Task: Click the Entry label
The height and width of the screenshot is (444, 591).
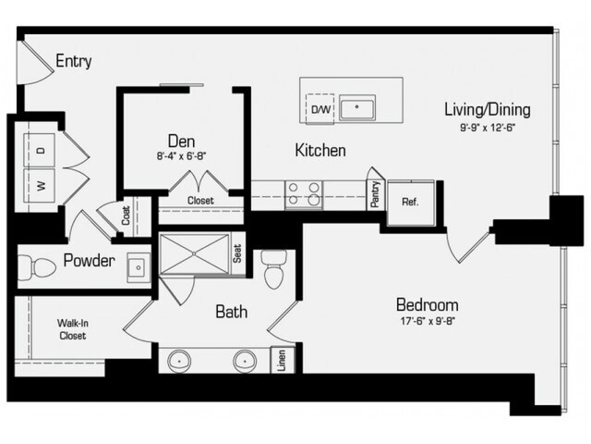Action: click(x=74, y=61)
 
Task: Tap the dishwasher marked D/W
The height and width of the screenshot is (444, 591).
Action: click(x=320, y=109)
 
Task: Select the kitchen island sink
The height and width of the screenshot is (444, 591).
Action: click(x=356, y=108)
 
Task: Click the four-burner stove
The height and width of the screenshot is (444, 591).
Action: click(x=304, y=194)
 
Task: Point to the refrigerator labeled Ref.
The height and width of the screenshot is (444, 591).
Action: click(x=411, y=203)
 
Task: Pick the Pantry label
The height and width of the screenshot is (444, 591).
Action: click(x=375, y=194)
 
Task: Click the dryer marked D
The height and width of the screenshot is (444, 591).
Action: click(x=40, y=150)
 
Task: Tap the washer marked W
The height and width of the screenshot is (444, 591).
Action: click(x=40, y=185)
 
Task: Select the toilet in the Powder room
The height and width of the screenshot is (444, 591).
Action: click(x=37, y=267)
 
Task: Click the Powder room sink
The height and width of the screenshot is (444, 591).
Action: click(x=139, y=267)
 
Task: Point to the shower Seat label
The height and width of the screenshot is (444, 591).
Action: click(x=237, y=253)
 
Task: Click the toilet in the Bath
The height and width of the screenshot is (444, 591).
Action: click(x=274, y=269)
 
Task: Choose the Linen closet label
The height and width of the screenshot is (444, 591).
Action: click(x=281, y=360)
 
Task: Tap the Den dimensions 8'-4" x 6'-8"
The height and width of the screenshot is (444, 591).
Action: click(x=181, y=156)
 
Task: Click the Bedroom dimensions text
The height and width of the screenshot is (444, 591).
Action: click(x=428, y=321)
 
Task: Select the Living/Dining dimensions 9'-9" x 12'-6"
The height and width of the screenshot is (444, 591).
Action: click(x=488, y=128)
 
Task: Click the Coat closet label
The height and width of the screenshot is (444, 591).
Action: click(x=126, y=216)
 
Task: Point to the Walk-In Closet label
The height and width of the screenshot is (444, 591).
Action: click(x=72, y=329)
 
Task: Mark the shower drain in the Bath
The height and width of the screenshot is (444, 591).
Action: click(x=195, y=253)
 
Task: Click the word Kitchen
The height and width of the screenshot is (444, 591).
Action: click(x=320, y=150)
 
